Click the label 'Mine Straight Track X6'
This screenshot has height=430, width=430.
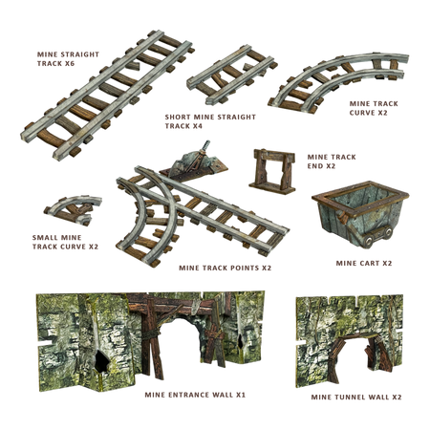point(68,59)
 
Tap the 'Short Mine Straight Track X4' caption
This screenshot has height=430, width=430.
point(210,121)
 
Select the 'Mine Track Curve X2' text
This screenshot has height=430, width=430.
point(374,108)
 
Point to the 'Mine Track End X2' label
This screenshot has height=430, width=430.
point(332,161)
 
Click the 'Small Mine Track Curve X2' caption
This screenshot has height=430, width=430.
point(65,242)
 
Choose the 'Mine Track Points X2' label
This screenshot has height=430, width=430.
point(225,268)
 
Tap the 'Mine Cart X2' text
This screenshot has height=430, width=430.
point(364,263)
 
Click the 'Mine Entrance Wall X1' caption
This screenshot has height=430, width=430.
point(195,395)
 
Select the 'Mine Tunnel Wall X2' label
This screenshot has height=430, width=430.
point(356,397)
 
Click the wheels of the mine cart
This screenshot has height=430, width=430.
point(378,236)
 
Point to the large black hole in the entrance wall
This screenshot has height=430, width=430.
point(102,361)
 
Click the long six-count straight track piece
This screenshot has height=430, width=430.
point(107,95)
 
